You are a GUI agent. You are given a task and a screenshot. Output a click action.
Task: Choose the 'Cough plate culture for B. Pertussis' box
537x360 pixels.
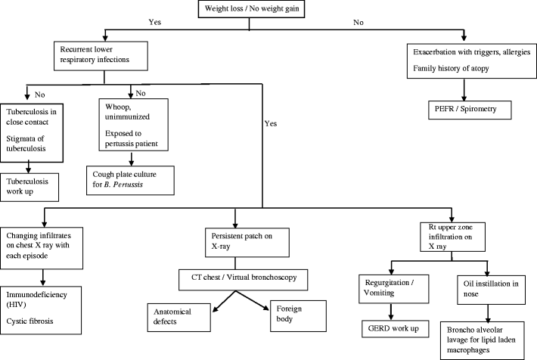[132, 178]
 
